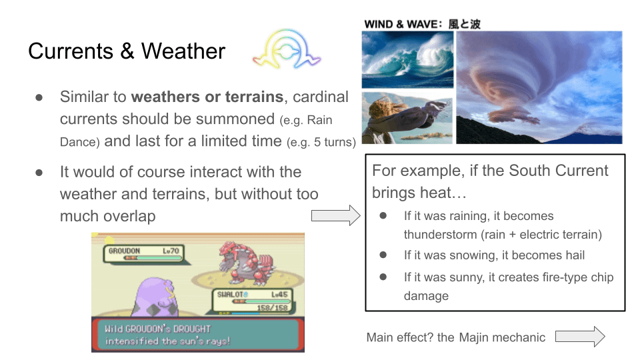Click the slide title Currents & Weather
(127, 51)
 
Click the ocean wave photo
(407, 59)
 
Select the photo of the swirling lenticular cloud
(539, 87)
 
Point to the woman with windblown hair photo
(407, 117)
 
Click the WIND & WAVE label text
(423, 24)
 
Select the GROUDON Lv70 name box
(144, 253)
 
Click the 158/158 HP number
(272, 307)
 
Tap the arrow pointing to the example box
(335, 215)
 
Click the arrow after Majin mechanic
(580, 337)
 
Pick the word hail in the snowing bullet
(575, 255)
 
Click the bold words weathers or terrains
(207, 97)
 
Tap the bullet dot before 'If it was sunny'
(383, 277)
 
